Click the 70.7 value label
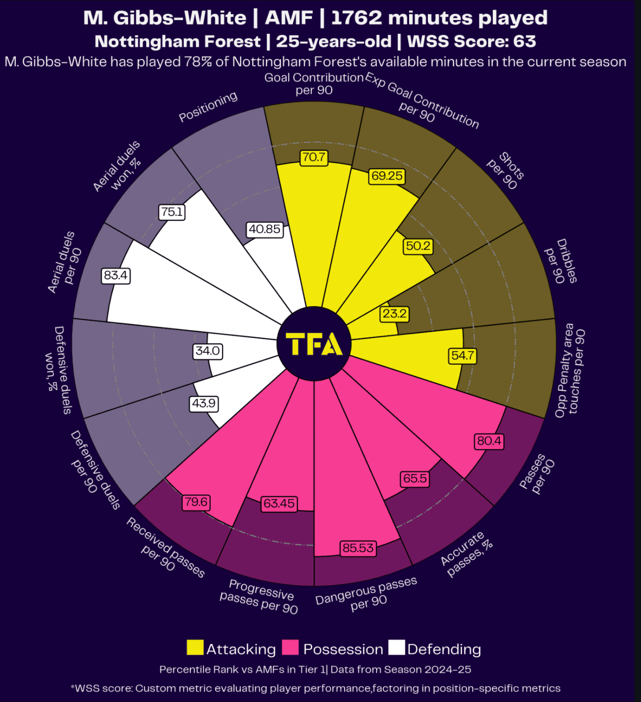(x=314, y=157)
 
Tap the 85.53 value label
(x=358, y=548)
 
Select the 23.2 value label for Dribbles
(x=395, y=314)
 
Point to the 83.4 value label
(x=116, y=275)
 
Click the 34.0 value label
(x=208, y=351)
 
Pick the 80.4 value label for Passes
(x=489, y=441)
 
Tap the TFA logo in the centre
(x=314, y=344)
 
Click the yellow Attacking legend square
(x=195, y=648)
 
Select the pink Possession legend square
(x=290, y=648)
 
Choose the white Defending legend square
(x=396, y=648)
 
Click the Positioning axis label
(x=209, y=107)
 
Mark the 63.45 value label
(x=279, y=504)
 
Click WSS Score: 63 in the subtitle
(x=471, y=41)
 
